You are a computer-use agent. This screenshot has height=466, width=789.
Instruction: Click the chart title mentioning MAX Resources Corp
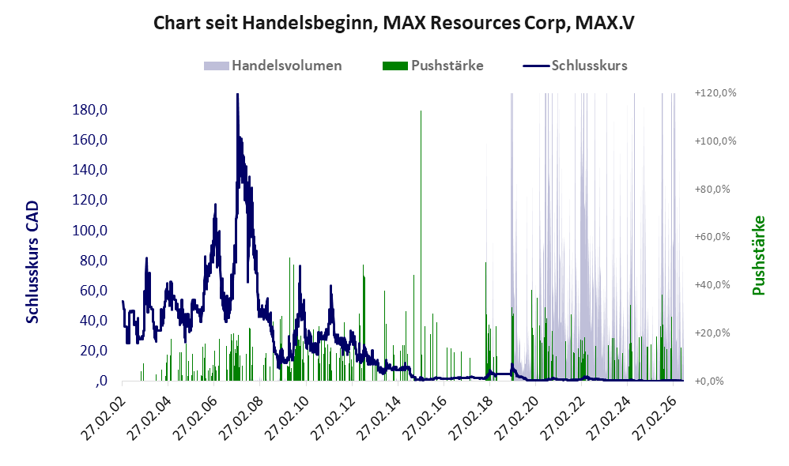click(x=394, y=23)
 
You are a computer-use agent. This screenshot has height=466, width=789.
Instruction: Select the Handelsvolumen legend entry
click(x=273, y=66)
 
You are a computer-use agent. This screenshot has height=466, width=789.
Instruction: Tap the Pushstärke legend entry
click(x=432, y=66)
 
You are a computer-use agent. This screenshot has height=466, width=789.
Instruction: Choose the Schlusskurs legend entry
click(x=575, y=66)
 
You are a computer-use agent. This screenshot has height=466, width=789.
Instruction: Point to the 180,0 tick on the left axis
click(x=90, y=110)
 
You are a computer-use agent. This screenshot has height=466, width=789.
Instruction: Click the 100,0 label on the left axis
click(x=90, y=230)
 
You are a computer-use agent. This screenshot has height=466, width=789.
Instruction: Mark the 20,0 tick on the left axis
click(x=93, y=351)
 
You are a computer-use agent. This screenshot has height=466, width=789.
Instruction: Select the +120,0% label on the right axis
click(x=715, y=93)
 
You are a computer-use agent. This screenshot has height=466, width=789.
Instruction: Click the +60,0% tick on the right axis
click(x=712, y=237)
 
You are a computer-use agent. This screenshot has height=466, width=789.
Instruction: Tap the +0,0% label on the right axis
click(x=709, y=381)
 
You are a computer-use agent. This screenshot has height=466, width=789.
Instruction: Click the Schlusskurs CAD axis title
click(x=32, y=262)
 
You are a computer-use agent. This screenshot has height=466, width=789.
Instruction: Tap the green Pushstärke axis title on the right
click(x=758, y=255)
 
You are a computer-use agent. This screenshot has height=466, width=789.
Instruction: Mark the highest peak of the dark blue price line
click(x=237, y=95)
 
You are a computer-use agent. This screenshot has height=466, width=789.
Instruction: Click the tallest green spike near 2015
click(x=421, y=246)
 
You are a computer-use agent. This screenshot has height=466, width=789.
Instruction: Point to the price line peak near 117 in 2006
click(x=215, y=205)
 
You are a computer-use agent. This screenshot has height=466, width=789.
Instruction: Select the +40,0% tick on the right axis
click(x=712, y=285)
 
